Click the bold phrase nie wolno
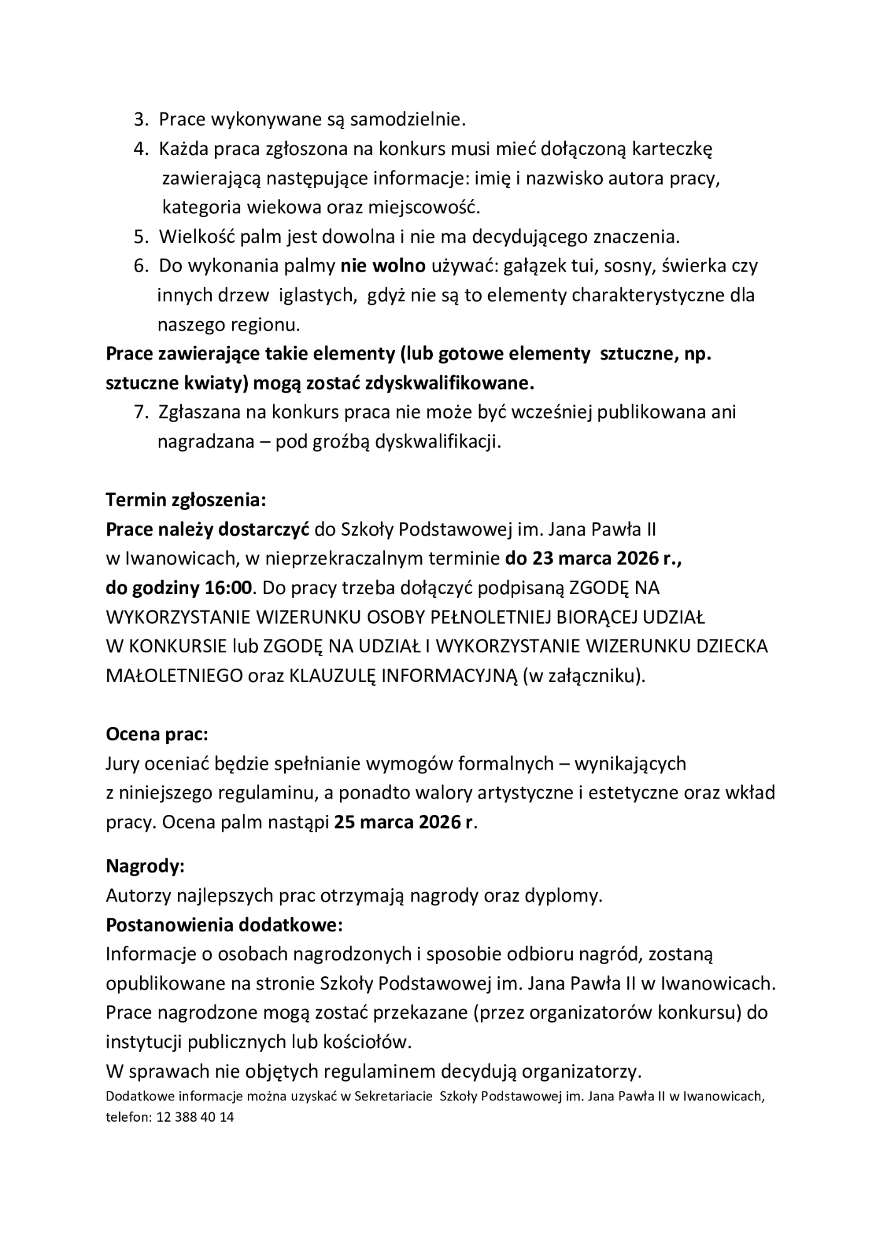click(x=383, y=265)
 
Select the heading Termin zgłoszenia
click(x=186, y=501)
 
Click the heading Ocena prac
click(x=157, y=733)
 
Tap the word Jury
click(x=123, y=763)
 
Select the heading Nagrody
click(x=145, y=866)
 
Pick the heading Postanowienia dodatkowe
click(x=225, y=925)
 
